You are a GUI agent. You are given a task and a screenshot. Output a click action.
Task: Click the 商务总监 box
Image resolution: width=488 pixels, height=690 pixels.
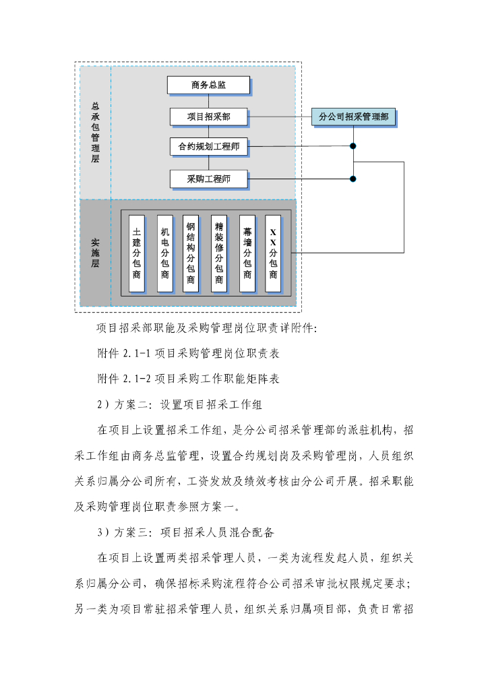[x=208, y=85]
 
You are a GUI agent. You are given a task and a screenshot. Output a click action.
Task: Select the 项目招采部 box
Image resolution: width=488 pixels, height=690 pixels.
[x=208, y=117]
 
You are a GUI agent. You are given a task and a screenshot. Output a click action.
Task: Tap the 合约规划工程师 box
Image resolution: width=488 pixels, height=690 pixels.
[x=208, y=146]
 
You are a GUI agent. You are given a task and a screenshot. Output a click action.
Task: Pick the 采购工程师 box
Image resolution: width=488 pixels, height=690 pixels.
[x=208, y=179]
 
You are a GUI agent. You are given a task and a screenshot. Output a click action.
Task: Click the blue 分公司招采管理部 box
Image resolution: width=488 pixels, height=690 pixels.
[x=353, y=117]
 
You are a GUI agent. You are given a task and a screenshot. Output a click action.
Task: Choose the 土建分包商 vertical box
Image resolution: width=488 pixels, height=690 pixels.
[x=137, y=253]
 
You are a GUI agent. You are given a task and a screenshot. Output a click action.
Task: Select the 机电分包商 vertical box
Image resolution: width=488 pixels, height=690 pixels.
[x=164, y=253]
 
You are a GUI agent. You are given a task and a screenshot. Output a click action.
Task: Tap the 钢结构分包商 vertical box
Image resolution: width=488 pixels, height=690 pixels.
[x=191, y=253]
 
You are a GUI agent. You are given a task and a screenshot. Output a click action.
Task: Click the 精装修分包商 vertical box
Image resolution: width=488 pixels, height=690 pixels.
[x=218, y=253]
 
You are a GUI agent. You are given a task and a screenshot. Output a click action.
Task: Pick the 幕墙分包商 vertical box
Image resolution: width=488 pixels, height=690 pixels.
[x=247, y=253]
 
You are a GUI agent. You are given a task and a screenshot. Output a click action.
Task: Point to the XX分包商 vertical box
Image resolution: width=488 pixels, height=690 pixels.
[x=273, y=253]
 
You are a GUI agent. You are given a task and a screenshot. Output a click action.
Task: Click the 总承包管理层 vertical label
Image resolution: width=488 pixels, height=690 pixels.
[x=95, y=133]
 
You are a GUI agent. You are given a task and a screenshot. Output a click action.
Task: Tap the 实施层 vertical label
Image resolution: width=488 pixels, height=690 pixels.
[x=95, y=253]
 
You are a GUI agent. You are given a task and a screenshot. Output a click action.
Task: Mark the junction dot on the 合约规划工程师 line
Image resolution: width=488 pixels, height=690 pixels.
[x=353, y=146]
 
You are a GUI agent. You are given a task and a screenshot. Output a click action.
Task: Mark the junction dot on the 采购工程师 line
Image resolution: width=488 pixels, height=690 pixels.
[x=353, y=179]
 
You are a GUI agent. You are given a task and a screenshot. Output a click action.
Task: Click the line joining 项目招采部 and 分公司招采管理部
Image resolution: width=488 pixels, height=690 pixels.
[x=280, y=117]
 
